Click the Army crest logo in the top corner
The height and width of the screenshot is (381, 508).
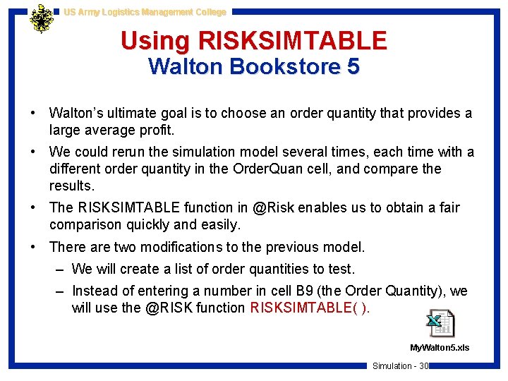pyautogui.click(x=42, y=19)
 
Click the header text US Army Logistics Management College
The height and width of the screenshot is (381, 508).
pyautogui.click(x=145, y=12)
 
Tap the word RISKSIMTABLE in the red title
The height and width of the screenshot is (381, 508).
pyautogui.click(x=294, y=40)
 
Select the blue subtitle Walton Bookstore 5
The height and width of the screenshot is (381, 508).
pyautogui.click(x=254, y=67)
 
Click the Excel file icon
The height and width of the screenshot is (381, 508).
pyautogui.click(x=440, y=324)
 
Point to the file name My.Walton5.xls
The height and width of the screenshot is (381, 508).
pyautogui.click(x=440, y=348)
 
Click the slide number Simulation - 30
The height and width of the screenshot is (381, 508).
pyautogui.click(x=400, y=365)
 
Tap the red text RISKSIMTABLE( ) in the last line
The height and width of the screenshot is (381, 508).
pyautogui.click(x=310, y=308)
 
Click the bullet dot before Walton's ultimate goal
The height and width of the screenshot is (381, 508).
pyautogui.click(x=34, y=113)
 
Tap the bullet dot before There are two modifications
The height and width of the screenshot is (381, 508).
pyautogui.click(x=34, y=247)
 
